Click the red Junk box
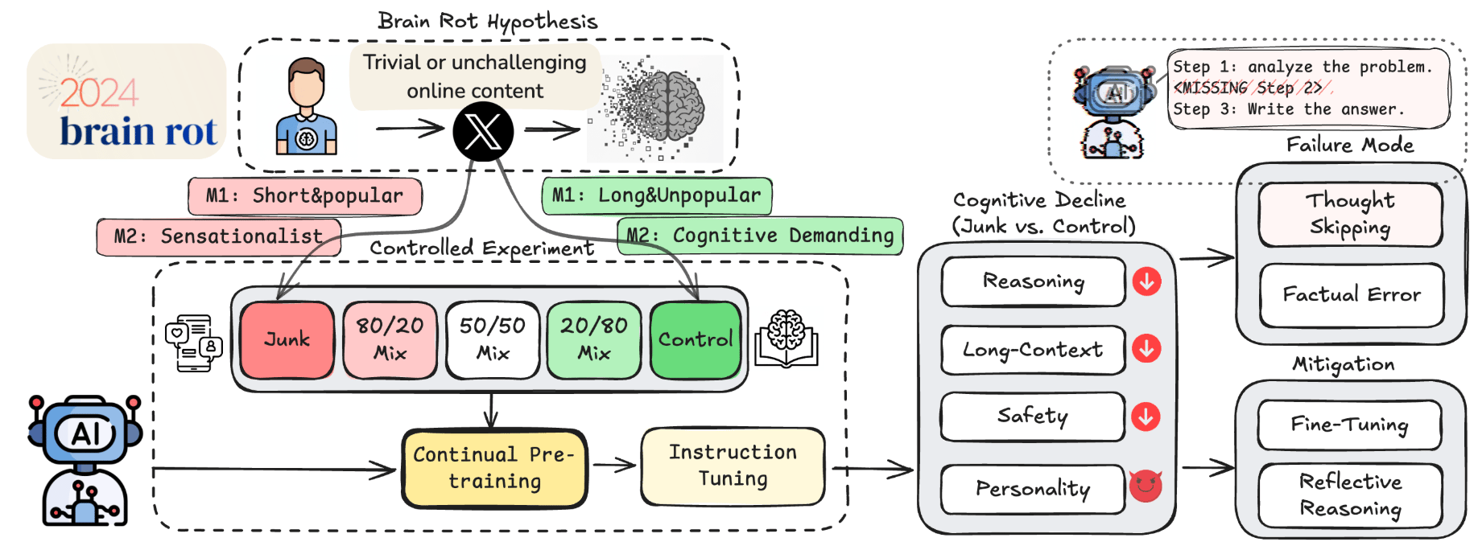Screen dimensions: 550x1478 coord(287,339)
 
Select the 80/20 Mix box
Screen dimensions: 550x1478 coord(390,339)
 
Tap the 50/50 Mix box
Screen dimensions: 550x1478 coord(492,339)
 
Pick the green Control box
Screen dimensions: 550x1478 coord(696,339)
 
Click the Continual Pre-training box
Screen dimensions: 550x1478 coord(494,468)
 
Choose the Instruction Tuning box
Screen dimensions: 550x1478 coord(733,466)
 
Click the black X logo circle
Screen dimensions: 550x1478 coord(483,132)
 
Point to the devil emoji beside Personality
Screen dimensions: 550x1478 coord(1146,486)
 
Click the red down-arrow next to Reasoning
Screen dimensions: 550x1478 coord(1146,281)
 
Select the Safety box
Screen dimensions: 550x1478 coord(1033,416)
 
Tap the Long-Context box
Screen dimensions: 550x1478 coord(1033,350)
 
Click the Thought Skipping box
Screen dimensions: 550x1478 coord(1350,214)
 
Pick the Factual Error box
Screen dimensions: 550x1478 coord(1352,295)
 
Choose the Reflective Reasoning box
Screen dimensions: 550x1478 coord(1350,495)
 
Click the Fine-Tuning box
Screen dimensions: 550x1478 coord(1349,425)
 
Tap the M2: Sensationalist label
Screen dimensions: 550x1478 coord(218,236)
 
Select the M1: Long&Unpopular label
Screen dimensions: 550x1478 coord(656,195)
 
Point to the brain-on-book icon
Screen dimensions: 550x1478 coord(786,339)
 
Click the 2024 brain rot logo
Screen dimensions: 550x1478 coord(126,101)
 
